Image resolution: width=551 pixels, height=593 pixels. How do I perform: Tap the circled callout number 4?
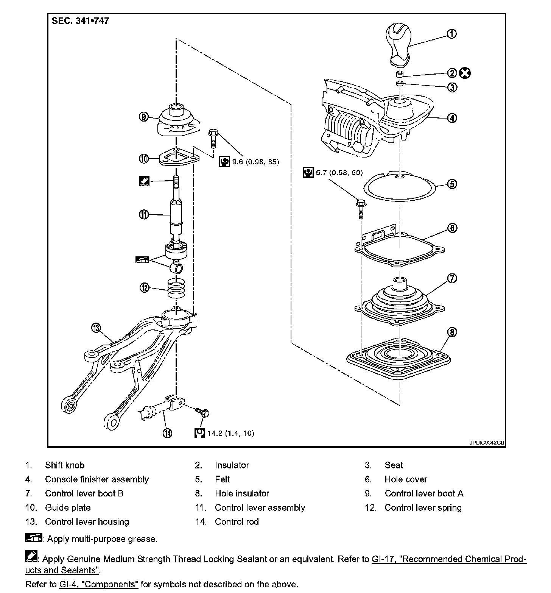point(452,118)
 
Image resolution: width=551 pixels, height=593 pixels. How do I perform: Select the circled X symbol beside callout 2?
point(465,73)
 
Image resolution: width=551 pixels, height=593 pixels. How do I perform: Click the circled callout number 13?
point(96,328)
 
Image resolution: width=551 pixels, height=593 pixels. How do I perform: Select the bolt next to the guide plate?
point(212,139)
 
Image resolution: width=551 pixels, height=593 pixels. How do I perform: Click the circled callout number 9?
point(143,117)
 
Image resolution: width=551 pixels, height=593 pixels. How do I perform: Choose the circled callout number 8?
point(452,332)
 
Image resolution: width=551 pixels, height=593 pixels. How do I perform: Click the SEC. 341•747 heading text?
point(80,21)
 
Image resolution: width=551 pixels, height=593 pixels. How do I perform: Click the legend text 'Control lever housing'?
point(87,522)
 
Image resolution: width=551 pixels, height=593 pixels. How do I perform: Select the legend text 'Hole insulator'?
point(242,493)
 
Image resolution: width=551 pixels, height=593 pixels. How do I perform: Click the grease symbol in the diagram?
point(142,260)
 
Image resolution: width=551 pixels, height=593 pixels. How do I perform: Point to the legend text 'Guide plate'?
point(68,508)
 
